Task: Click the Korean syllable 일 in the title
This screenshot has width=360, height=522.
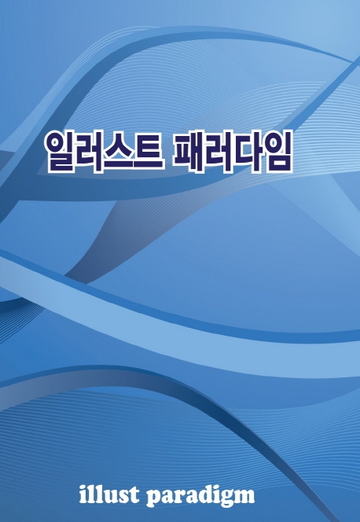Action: pyautogui.click(x=60, y=152)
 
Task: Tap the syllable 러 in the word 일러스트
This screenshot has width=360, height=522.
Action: pyautogui.click(x=90, y=152)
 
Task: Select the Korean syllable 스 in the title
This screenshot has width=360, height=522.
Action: pyautogui.click(x=119, y=152)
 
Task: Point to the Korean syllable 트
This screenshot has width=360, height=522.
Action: pyautogui.click(x=149, y=152)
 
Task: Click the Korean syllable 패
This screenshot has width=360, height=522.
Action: pyautogui.click(x=189, y=152)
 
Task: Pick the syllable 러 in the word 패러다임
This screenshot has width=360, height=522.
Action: pyautogui.click(x=219, y=152)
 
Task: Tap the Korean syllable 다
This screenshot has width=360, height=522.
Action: pyautogui.click(x=248, y=152)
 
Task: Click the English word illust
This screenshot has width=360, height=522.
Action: pyautogui.click(x=109, y=494)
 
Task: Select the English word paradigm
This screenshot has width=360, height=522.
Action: pyautogui.click(x=200, y=497)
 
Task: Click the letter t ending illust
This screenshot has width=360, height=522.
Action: pyautogui.click(x=134, y=496)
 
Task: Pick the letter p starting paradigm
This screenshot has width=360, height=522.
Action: pyautogui.click(x=154, y=499)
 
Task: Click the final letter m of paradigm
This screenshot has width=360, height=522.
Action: pyautogui.click(x=244, y=497)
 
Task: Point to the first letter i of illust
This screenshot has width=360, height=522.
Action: pyautogui.click(x=83, y=494)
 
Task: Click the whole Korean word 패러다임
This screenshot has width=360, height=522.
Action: pyautogui.click(x=233, y=152)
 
